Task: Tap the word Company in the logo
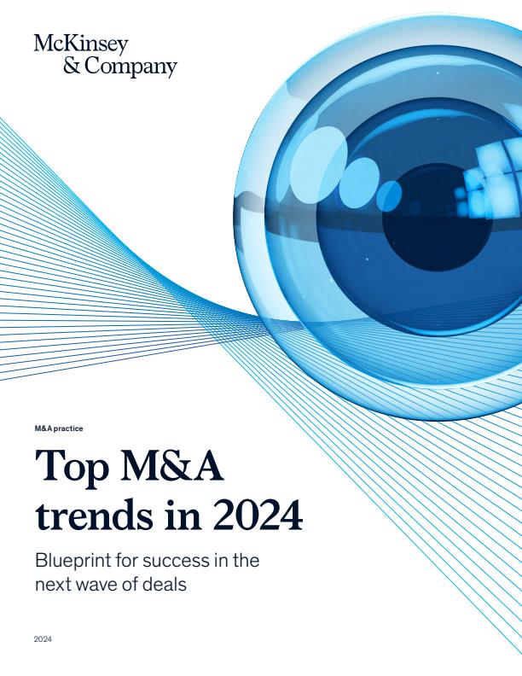click(130, 67)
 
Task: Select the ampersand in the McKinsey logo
click(72, 66)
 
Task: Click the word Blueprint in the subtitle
click(74, 562)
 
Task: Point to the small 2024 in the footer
click(43, 638)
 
